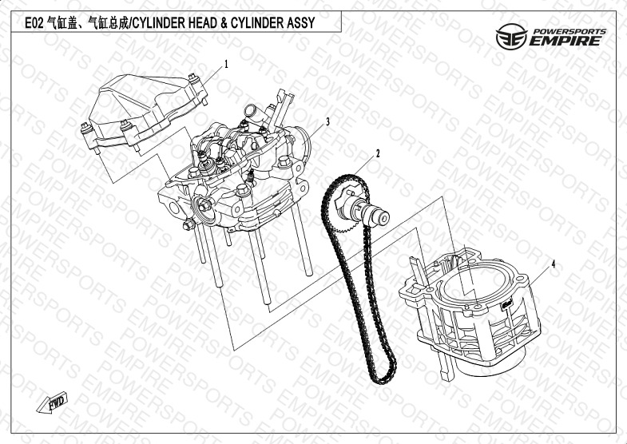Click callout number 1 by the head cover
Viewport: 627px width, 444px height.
pos(226,65)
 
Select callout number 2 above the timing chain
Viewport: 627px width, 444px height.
pos(378,154)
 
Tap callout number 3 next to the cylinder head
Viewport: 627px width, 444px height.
pos(328,122)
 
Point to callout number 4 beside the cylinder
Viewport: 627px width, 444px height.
pos(554,264)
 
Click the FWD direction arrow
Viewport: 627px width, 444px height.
pos(53,402)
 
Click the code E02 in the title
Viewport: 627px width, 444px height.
pos(34,23)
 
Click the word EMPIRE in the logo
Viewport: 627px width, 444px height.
pos(565,41)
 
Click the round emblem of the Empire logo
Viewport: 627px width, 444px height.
pos(511,37)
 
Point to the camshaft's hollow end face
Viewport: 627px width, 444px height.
pos(383,218)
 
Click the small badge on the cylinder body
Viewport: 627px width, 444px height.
pos(507,305)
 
